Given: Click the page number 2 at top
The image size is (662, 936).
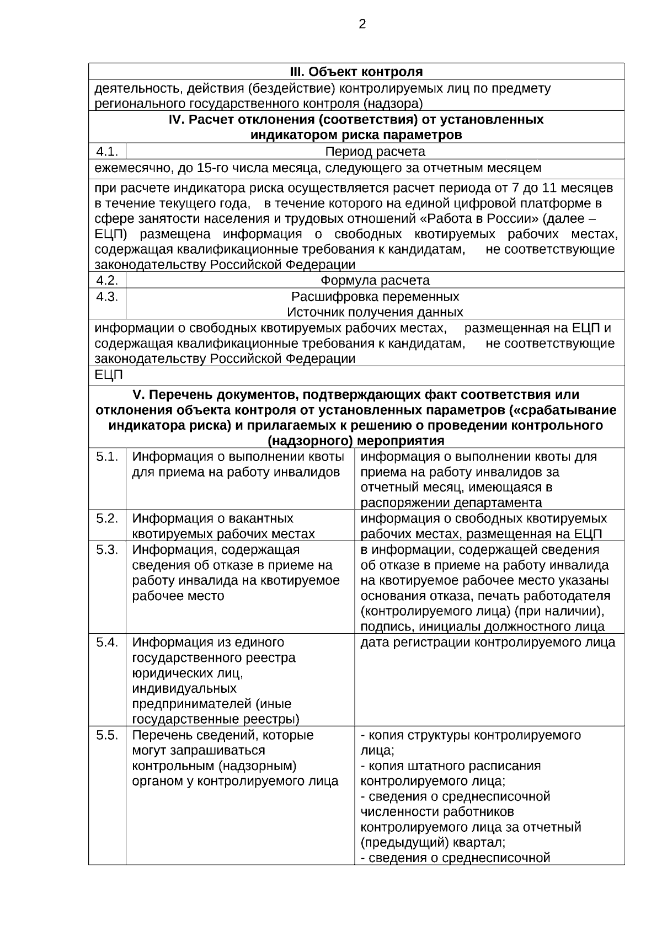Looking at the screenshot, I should coord(362,24).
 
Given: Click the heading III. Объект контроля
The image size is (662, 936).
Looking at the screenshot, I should coord(356,72).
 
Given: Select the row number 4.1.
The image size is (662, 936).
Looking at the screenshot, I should coord(107,152).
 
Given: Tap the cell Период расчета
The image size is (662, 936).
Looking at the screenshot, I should coord(375,152).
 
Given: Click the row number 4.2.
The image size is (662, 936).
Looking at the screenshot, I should coord(107,281).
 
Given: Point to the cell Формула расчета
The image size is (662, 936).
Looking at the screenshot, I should coord(375,281).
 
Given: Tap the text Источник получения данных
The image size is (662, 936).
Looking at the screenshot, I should coord(375,312).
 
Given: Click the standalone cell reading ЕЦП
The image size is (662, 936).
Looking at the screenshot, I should coord(109,376).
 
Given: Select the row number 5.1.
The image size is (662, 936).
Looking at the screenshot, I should coord(107,457).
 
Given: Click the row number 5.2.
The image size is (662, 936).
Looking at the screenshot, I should coord(107,518).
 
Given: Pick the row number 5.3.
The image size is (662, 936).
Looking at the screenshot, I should coord(107,550).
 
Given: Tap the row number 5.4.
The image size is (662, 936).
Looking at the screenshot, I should coord(107,643).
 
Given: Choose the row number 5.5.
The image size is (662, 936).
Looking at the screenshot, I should coord(107,735).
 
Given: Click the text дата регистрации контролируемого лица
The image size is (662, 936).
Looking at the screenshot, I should coord(488,643).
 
